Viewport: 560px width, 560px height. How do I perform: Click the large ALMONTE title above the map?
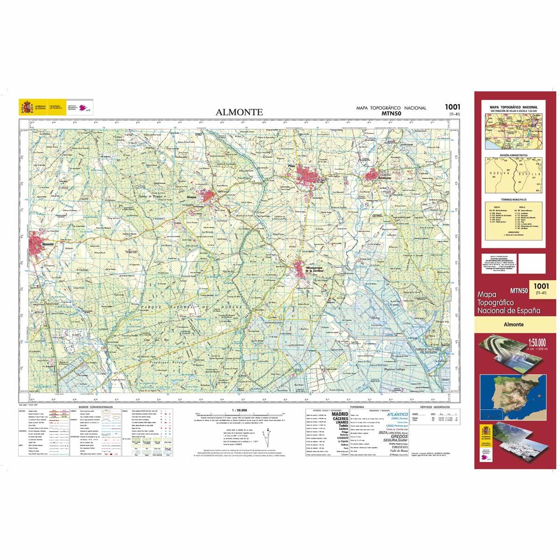(x=239, y=112)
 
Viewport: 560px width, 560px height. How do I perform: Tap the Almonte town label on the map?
(x=48, y=244)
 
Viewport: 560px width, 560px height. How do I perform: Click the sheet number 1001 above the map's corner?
(x=452, y=107)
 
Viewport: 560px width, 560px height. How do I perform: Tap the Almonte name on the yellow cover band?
(x=513, y=324)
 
